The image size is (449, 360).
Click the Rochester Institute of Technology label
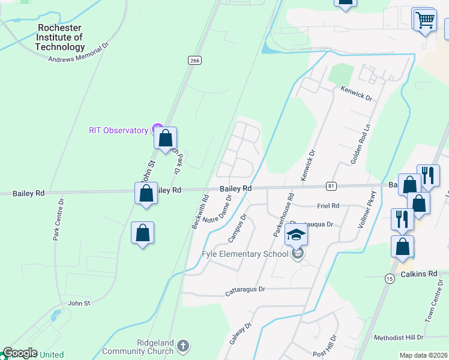[x=61, y=37]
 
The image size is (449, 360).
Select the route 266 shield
[x=194, y=61]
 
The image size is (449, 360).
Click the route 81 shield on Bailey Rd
[x=331, y=186]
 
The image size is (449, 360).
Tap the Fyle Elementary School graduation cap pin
[x=296, y=235]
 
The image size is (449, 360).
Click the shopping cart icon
[x=425, y=20]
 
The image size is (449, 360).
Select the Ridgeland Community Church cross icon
[x=184, y=346]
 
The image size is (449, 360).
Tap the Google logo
[x=19, y=353]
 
